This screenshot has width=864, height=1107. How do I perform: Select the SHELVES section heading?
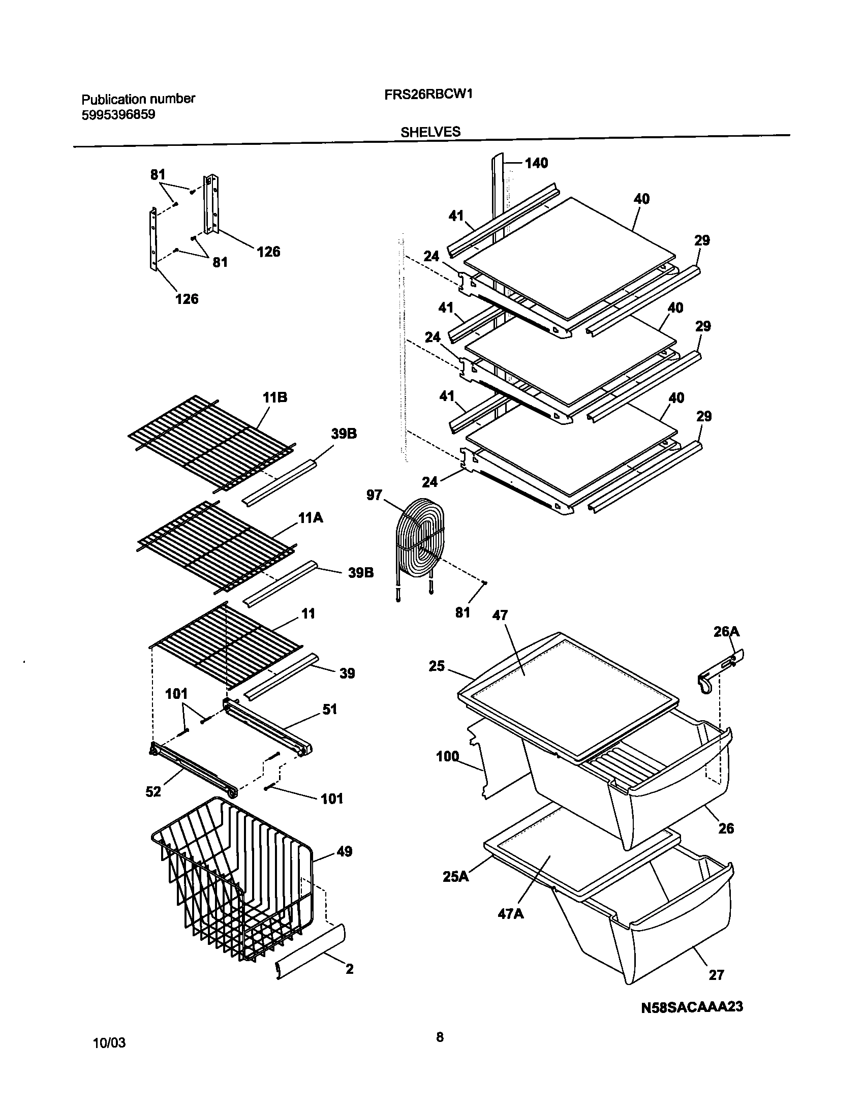pos(430,132)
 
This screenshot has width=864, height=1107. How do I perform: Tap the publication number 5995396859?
pos(118,115)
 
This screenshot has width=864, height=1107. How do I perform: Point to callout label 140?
pos(536,163)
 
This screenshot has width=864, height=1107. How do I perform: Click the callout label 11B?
pos(274,397)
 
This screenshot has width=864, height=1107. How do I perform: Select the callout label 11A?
pos(311,518)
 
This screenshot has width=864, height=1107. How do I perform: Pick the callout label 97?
pos(374,495)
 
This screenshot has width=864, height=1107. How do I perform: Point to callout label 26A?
pos(726,632)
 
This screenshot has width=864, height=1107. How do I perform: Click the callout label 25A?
pos(455,877)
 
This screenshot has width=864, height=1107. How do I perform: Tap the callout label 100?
pos(447,757)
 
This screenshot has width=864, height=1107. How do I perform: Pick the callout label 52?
pos(153,791)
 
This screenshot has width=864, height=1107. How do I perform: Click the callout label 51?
pos(329,709)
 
